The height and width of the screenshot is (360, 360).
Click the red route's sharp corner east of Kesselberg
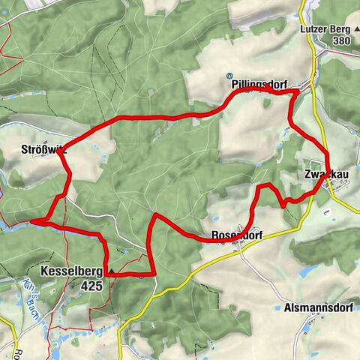point(154,274)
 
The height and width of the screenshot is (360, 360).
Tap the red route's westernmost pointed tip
point(31,221)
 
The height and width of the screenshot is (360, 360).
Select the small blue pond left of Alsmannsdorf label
point(305,272)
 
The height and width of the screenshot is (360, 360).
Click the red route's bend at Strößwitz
point(63,148)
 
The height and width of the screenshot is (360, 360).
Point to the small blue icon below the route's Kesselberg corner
point(141,277)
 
